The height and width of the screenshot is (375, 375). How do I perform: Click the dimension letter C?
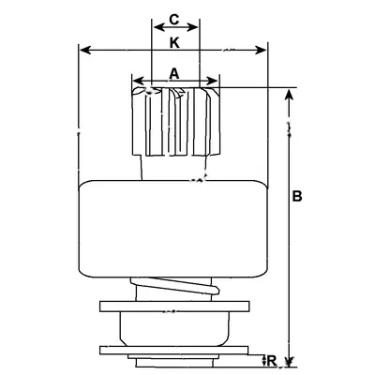point(174,20)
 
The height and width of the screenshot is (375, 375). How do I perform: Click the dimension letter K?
point(174,43)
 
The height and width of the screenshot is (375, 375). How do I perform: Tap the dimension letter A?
point(174,74)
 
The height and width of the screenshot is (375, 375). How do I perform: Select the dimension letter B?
point(297,196)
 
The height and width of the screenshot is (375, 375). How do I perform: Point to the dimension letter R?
point(272,361)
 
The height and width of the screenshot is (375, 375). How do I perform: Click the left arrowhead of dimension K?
point(85,50)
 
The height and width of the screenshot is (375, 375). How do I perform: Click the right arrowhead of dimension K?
point(261,50)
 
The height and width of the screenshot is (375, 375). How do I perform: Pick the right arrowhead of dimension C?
point(192,27)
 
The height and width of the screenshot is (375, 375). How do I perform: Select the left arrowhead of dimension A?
point(139,81)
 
